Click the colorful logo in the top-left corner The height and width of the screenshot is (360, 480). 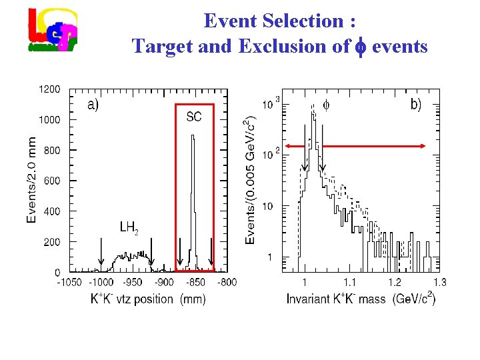53,31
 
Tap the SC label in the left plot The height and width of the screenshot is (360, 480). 194,117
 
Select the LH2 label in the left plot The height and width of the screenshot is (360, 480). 129,228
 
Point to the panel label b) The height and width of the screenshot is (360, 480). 415,105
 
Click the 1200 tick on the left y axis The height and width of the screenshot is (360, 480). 50,89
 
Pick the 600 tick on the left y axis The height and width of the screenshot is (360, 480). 52,181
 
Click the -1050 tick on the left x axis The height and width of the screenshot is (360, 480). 69,283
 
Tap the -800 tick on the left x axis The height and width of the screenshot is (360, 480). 227,283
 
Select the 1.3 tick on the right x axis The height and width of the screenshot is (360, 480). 440,283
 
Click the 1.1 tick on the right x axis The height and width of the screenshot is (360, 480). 349,283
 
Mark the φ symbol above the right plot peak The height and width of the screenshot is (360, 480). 326,105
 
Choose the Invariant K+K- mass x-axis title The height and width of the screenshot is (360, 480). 361,299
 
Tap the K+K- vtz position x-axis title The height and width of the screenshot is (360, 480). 148,299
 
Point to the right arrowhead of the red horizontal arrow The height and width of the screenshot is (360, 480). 425,145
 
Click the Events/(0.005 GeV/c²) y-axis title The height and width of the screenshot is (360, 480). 250,180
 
